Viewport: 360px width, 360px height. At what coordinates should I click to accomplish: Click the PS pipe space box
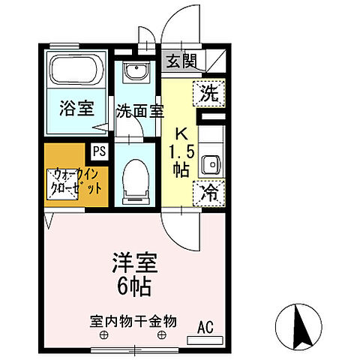point(99,150)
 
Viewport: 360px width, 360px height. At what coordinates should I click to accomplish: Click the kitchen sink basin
point(211,163)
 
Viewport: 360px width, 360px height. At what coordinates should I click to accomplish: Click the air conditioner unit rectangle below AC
point(205,340)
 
